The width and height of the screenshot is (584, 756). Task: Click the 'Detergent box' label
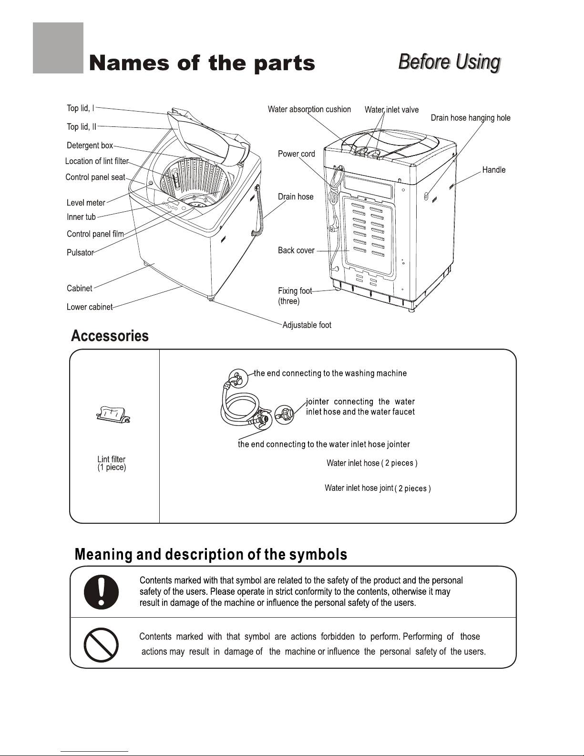[x=90, y=145]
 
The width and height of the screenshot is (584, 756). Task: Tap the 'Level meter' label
[x=86, y=203]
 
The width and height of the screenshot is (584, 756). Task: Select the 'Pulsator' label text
[x=80, y=252]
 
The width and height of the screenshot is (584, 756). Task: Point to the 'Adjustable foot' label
[x=307, y=325]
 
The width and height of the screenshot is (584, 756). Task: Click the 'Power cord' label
[x=297, y=154]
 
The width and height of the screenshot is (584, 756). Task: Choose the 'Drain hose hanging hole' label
[x=471, y=118]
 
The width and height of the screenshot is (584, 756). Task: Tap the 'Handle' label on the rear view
[x=494, y=170]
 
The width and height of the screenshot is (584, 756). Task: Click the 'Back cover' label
[x=296, y=250]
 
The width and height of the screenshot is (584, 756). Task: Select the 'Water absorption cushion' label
[x=309, y=109]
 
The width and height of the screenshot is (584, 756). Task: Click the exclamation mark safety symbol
[x=101, y=592]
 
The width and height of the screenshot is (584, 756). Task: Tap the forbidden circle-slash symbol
[x=101, y=645]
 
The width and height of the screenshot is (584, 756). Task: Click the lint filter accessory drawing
[x=113, y=414]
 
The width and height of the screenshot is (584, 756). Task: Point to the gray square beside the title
[x=58, y=48]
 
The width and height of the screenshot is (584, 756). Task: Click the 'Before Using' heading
[x=450, y=62]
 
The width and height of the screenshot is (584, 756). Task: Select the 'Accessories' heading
[x=110, y=336]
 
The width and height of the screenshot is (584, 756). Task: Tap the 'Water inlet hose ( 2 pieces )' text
[x=372, y=463]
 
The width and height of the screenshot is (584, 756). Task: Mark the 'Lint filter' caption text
[x=111, y=459]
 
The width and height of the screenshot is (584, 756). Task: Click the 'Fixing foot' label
[x=295, y=290]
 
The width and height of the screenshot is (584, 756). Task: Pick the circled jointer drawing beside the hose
[x=284, y=414]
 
